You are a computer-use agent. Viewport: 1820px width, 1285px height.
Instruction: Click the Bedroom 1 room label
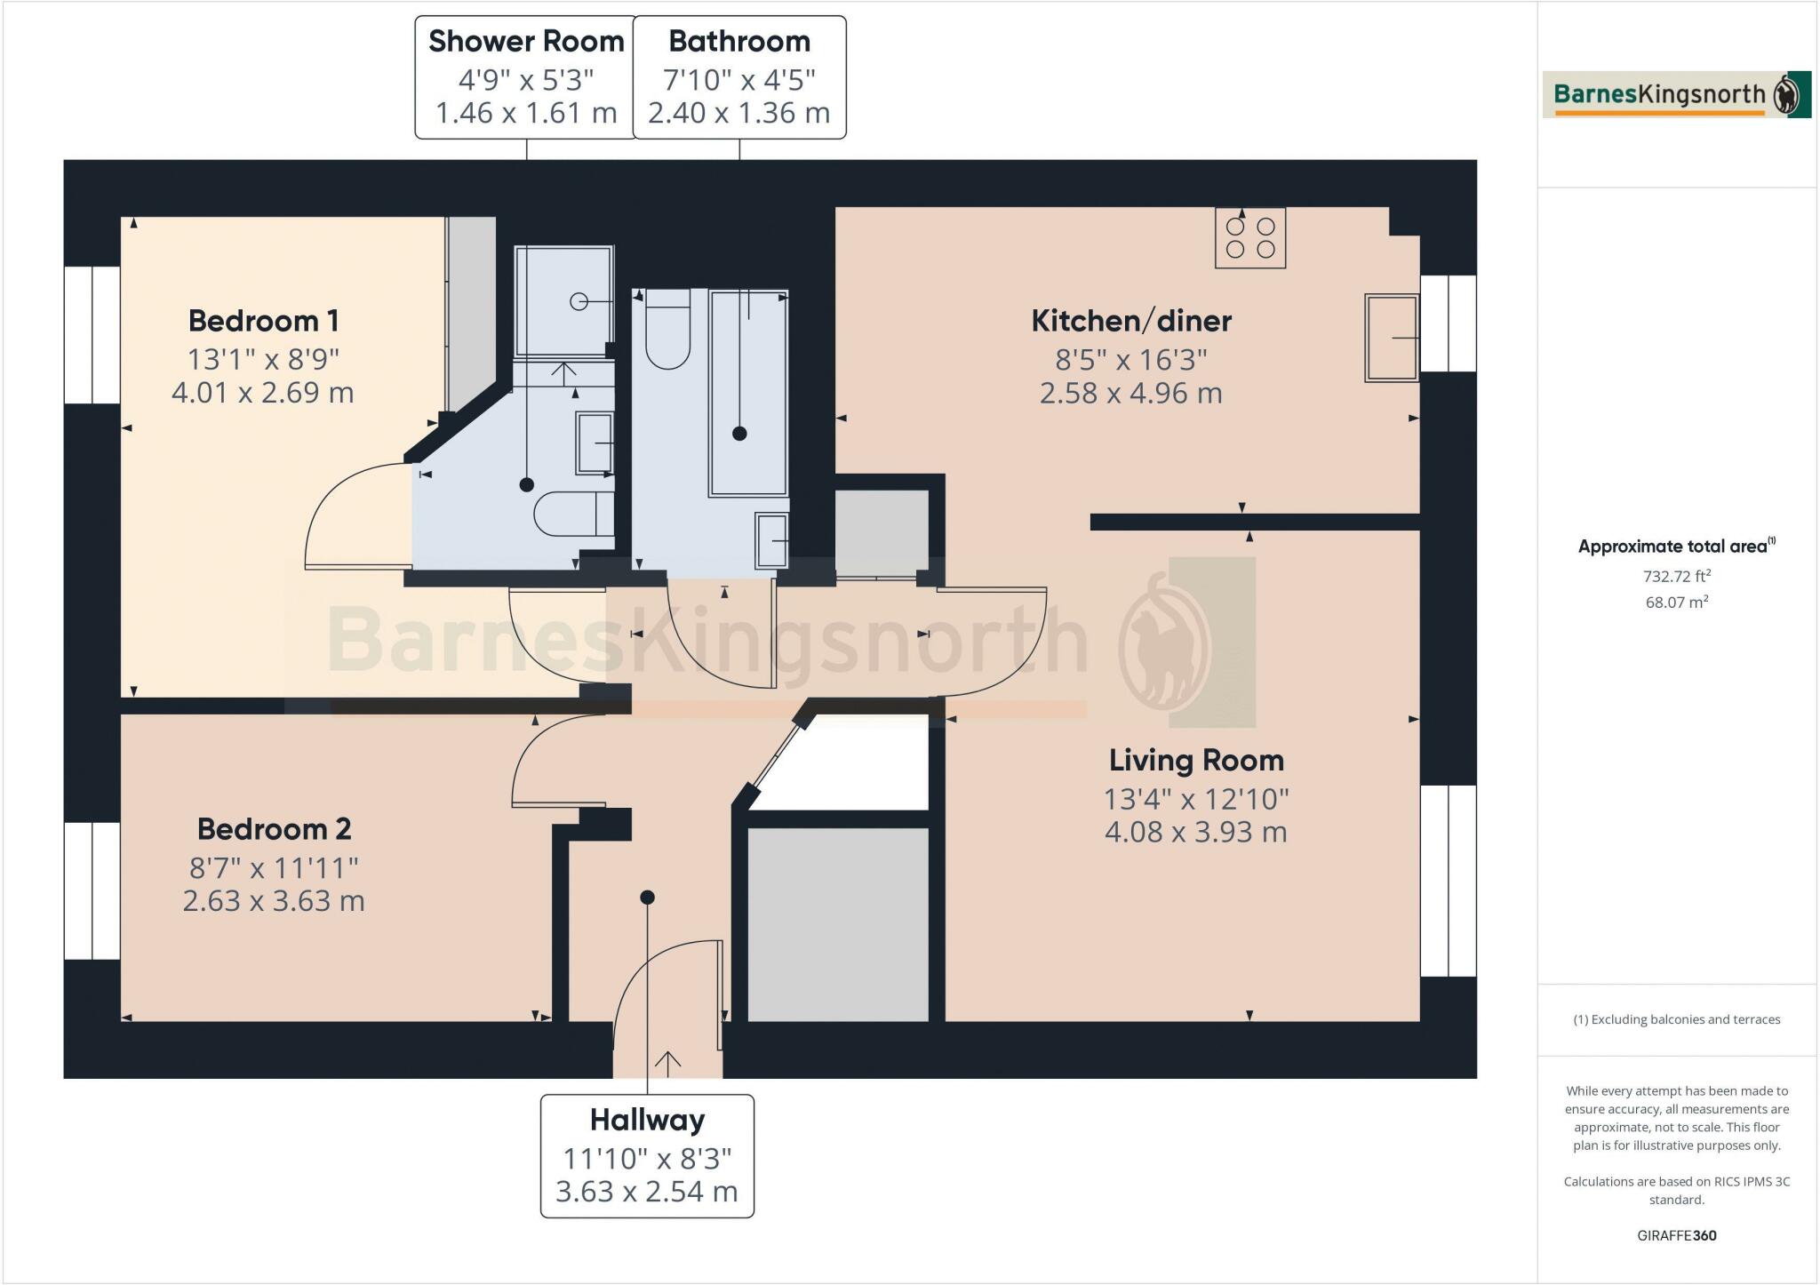pyautogui.click(x=263, y=320)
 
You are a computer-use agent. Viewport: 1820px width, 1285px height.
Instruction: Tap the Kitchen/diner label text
pyautogui.click(x=1130, y=320)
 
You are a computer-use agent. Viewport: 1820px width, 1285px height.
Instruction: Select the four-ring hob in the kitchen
pyautogui.click(x=1250, y=237)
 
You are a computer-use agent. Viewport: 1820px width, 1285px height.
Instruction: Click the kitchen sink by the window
pyautogui.click(x=1392, y=338)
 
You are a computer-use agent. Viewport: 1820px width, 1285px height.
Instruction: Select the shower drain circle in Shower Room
pyautogui.click(x=579, y=302)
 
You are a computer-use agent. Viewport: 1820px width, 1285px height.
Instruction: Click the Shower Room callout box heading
pyautogui.click(x=526, y=41)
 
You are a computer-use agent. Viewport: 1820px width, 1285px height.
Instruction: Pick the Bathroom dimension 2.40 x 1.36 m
pyautogui.click(x=738, y=113)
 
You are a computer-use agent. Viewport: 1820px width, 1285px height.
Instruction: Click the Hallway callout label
pyautogui.click(x=647, y=1120)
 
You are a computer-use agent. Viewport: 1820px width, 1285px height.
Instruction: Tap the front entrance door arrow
pyautogui.click(x=667, y=1060)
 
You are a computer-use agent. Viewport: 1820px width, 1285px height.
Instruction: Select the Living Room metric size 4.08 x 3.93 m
pyautogui.click(x=1195, y=832)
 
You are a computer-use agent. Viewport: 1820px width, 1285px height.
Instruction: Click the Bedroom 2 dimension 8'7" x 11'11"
pyautogui.click(x=274, y=867)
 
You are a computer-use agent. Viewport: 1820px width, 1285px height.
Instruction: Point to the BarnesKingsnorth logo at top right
pyautogui.click(x=1676, y=95)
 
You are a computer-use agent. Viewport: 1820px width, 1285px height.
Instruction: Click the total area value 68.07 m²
pyautogui.click(x=1676, y=602)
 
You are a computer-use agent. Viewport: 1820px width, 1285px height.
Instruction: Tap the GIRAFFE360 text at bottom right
pyautogui.click(x=1676, y=1235)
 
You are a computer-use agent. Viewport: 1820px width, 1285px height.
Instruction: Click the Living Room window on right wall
pyautogui.click(x=1448, y=880)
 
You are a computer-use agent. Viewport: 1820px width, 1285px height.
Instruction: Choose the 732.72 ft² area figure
pyautogui.click(x=1676, y=576)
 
